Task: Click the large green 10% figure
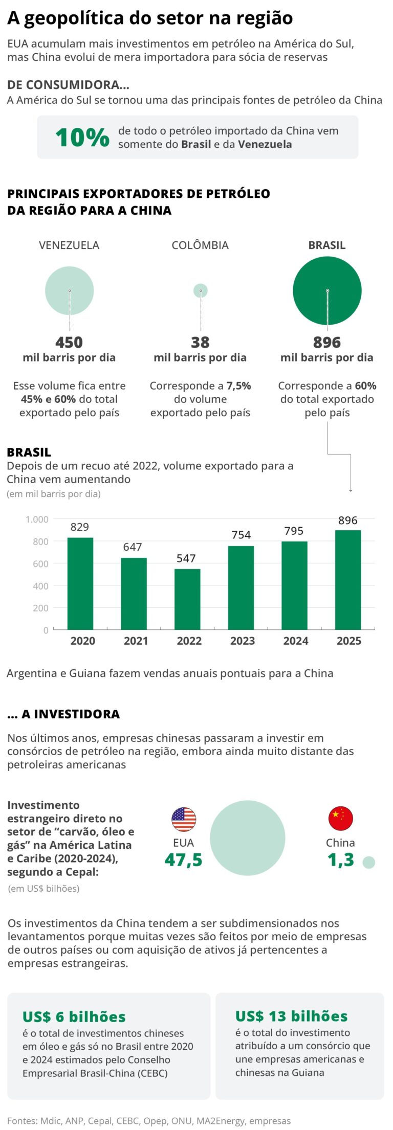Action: click(82, 137)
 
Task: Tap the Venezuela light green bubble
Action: click(70, 290)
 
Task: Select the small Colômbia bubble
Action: click(201, 290)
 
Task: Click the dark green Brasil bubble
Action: click(327, 290)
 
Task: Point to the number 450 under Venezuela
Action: click(69, 342)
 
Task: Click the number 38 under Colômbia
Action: click(200, 342)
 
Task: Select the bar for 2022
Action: click(187, 599)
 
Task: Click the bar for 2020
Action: click(80, 583)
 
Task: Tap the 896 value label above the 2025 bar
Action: click(347, 520)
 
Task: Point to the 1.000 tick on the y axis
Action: click(37, 519)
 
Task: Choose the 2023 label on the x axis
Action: click(242, 641)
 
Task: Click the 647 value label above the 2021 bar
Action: click(133, 547)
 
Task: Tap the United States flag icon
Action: click(184, 819)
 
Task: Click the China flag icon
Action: click(340, 818)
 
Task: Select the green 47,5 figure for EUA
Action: click(184, 860)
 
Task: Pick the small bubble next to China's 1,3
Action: click(368, 862)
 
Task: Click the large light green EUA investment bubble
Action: click(248, 838)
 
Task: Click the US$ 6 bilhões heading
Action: click(74, 1016)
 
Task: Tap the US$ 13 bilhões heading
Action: click(291, 1016)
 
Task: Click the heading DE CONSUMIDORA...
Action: click(68, 85)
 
